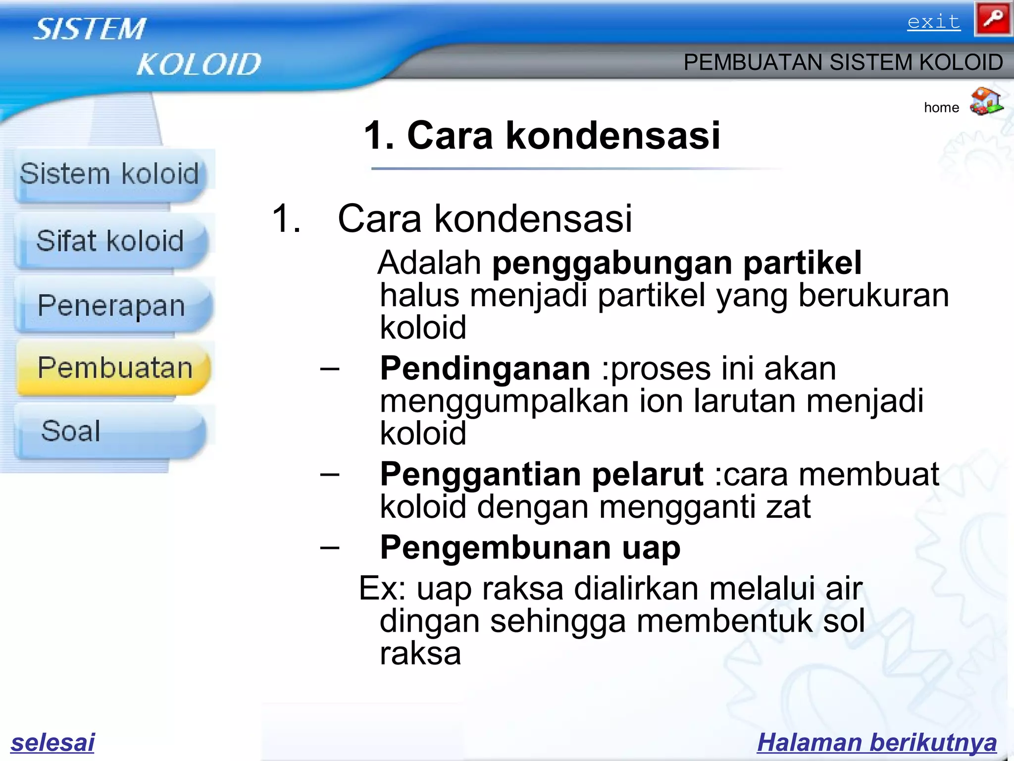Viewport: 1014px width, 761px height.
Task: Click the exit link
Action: point(934,22)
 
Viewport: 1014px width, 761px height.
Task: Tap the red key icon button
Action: point(992,19)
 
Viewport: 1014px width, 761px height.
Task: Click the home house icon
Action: point(986,102)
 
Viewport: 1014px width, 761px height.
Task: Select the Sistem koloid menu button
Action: point(109,174)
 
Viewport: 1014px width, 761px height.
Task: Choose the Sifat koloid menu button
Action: point(110,241)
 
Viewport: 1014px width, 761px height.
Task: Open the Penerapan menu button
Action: point(111,306)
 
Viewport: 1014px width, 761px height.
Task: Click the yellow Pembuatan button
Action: point(115,368)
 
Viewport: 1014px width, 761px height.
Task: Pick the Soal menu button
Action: point(71,431)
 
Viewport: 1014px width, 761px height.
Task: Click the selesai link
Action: point(52,742)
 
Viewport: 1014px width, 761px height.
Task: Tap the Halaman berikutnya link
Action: point(877,742)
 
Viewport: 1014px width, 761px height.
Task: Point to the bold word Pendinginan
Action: point(485,369)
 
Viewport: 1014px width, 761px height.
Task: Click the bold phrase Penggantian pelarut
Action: point(541,474)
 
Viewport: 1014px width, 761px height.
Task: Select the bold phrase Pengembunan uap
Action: point(530,547)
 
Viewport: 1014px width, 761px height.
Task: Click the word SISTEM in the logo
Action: point(90,29)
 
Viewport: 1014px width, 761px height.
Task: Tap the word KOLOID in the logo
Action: point(198,64)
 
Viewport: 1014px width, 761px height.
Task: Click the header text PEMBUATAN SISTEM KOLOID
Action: point(843,62)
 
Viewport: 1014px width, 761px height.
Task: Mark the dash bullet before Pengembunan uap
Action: point(330,547)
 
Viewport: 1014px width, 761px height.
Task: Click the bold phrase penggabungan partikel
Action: point(677,263)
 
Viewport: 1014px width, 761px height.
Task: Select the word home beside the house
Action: point(941,108)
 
